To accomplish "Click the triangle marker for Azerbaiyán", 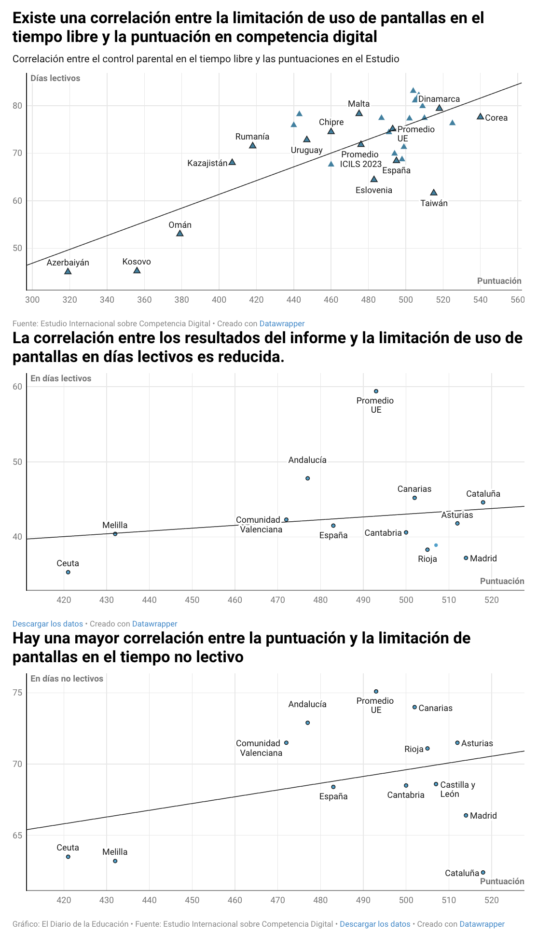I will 68,271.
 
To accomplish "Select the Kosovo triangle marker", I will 137,270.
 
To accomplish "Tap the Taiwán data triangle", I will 434,193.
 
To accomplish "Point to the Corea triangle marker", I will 480,116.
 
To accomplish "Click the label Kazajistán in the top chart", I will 207,163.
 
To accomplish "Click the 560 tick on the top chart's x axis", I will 518,300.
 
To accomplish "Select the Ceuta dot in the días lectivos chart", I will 68,572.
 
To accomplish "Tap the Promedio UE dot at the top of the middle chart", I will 376,391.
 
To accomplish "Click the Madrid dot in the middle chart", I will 466,558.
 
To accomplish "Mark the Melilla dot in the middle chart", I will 115,534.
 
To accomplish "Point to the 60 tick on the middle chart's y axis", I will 18,387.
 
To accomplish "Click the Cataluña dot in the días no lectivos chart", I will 483,873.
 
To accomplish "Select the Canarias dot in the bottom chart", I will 414,707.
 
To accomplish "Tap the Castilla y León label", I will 457,789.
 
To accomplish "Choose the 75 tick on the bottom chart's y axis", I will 18,693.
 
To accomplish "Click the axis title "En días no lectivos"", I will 67,679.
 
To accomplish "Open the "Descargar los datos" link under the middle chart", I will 48,624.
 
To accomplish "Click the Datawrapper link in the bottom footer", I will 482,924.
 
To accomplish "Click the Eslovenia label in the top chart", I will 374,190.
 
